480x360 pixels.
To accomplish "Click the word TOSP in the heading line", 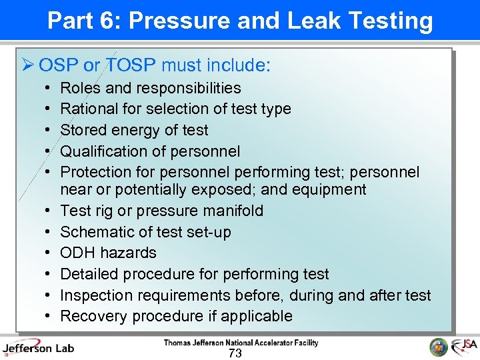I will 131,65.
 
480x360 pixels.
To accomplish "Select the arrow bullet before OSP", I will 27,65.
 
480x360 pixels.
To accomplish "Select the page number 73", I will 235,353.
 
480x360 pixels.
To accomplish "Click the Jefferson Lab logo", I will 38,347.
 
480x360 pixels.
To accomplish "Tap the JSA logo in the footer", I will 464,347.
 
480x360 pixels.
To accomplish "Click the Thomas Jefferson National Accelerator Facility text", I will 241,343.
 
